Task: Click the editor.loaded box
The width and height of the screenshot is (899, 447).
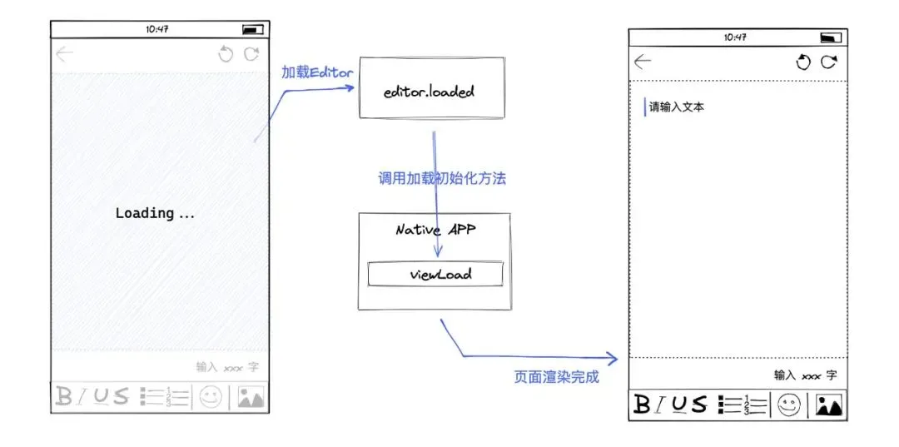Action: pos(432,87)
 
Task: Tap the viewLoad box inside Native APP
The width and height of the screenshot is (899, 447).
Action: pos(435,274)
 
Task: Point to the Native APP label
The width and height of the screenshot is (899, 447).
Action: pos(436,231)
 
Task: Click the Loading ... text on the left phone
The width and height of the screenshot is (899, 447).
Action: pos(155,214)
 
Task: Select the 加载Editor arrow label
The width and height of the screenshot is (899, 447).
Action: pos(317,72)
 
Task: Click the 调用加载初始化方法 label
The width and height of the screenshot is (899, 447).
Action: pos(442,178)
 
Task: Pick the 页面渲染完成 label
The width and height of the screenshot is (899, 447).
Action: pos(557,377)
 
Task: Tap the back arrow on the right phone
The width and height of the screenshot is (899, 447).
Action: pos(643,62)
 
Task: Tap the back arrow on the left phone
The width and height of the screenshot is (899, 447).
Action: pos(65,54)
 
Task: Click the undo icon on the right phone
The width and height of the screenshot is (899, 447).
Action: pos(803,62)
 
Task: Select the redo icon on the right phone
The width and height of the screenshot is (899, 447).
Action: pos(828,62)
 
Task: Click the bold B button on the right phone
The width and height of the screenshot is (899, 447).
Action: pos(642,405)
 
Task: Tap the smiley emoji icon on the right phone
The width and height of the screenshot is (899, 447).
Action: pos(789,405)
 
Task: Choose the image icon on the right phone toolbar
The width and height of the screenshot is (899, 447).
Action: pos(829,405)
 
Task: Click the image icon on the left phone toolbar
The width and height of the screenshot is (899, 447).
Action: pos(251,397)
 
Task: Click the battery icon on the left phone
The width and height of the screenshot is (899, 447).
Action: pos(253,30)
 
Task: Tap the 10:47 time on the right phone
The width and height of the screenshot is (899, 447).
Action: pos(735,37)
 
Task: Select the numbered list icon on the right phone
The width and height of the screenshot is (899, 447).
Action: pos(742,405)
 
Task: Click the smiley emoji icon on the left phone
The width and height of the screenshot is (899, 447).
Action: pos(211,397)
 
